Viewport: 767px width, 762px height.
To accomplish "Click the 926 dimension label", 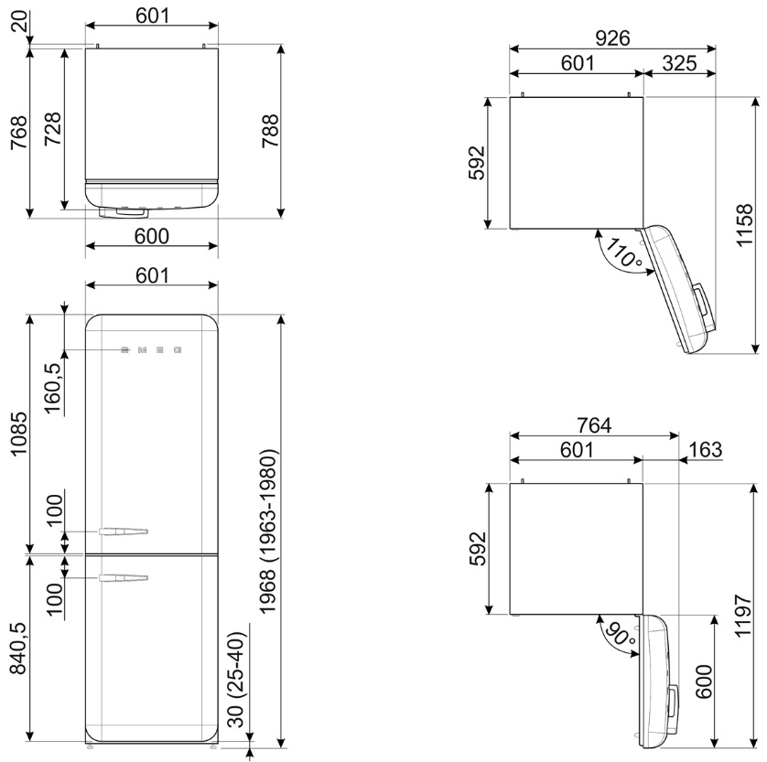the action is [612, 38].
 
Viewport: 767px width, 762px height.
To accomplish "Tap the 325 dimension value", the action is [679, 63].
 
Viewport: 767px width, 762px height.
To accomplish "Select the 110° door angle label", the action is [624, 253].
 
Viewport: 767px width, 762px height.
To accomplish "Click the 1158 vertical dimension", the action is [743, 225].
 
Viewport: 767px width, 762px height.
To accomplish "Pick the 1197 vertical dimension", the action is [743, 615].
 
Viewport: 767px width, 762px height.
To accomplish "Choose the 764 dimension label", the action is [594, 425].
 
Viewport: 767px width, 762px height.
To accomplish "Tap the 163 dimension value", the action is [705, 449].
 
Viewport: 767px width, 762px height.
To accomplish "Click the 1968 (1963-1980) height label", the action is [268, 531].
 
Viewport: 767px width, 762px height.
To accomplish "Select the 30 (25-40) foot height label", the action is [238, 682].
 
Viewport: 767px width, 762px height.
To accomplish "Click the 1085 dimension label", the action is [19, 434].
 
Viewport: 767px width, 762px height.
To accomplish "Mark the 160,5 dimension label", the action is [54, 389].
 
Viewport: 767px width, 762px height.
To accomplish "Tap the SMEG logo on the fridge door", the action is [152, 350].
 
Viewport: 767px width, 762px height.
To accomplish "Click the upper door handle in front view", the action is [124, 531].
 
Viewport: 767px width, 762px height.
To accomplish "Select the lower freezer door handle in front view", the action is [124, 578].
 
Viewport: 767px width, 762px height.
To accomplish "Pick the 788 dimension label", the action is [270, 131].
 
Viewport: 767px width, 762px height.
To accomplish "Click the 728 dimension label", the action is [53, 129].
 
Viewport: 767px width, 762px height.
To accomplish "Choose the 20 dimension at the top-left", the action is [19, 22].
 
